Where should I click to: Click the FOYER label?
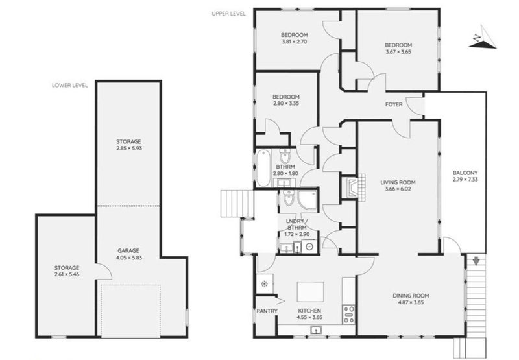394,104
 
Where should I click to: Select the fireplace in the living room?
354,187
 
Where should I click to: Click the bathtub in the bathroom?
263,168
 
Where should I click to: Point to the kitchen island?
310,291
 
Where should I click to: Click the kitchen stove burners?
349,315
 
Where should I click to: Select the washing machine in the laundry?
310,246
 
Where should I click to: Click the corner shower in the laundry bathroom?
308,200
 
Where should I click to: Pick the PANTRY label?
267,311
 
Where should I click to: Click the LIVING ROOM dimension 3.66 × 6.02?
398,189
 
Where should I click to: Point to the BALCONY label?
465,173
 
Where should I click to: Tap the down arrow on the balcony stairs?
476,261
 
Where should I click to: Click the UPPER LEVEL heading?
229,14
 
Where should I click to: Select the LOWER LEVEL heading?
70,86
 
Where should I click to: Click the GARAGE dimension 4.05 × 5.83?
129,258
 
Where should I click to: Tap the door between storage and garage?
104,271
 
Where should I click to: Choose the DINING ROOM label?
411,296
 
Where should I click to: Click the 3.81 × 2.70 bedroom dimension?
295,42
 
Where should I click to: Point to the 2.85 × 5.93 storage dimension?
129,149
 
